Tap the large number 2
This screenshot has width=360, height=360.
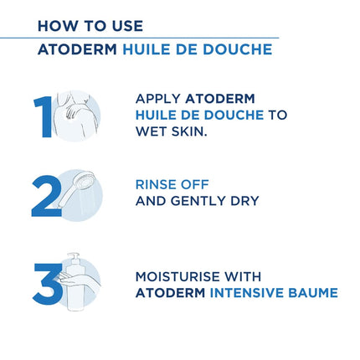[45, 197]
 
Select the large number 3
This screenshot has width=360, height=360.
[45, 285]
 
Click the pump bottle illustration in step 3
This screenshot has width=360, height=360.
[77, 283]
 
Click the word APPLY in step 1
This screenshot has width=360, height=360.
[157, 98]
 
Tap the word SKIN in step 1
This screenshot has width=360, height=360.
[191, 131]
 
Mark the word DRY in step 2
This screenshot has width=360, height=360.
[244, 201]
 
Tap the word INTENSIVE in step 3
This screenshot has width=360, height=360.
[249, 293]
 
